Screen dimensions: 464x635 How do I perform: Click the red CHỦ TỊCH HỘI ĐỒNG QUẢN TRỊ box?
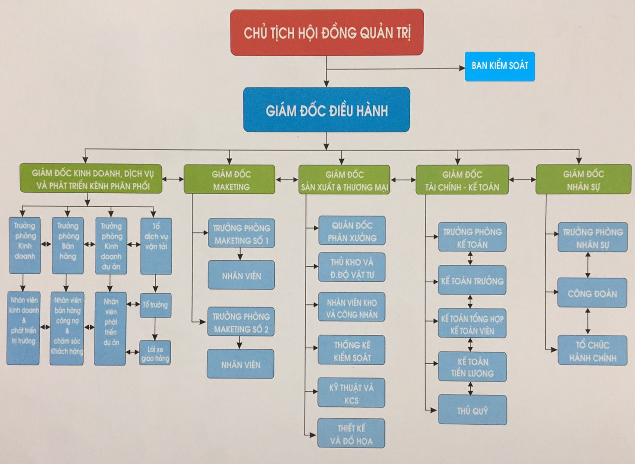coord(327,32)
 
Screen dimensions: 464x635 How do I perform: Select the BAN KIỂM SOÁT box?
coord(500,66)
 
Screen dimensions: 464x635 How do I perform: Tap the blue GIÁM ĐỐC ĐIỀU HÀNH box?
coord(326,110)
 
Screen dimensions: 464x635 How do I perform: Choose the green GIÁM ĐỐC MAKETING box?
coord(230,179)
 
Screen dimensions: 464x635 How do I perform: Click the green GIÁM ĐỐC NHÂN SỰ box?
coord(583,179)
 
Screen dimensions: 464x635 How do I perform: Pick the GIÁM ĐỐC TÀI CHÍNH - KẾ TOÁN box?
coord(462,180)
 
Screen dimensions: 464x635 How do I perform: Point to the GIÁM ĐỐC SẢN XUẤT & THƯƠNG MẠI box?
coord(344,180)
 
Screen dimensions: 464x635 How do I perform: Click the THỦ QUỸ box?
coord(472,410)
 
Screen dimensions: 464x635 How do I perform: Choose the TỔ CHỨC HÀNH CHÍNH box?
coord(592,350)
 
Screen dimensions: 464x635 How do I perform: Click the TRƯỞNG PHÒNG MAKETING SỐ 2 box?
coord(241,322)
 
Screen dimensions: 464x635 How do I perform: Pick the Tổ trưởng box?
coord(155,305)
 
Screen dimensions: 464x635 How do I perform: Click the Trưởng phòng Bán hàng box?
coord(67,245)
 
